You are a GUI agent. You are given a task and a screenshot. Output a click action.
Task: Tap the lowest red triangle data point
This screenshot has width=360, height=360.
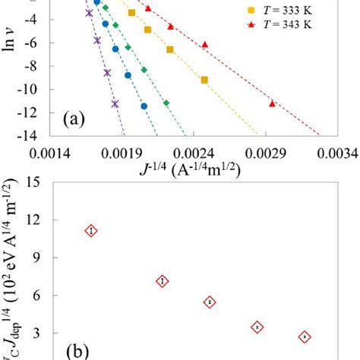pyautogui.click(x=272, y=103)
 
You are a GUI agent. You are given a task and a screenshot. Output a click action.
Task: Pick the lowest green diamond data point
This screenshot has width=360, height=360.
pyautogui.click(x=166, y=103)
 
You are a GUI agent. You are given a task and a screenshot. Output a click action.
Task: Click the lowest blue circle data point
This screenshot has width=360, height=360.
pyautogui.click(x=144, y=106)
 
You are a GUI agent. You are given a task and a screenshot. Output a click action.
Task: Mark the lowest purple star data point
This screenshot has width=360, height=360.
pyautogui.click(x=115, y=103)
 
